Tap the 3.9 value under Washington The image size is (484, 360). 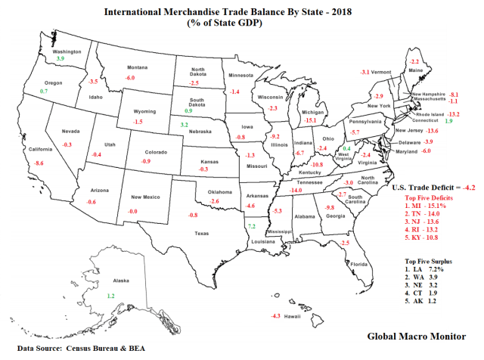(x=61, y=57)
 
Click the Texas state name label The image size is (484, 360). (x=201, y=233)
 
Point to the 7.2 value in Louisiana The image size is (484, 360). (x=252, y=226)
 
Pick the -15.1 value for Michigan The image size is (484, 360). (x=310, y=120)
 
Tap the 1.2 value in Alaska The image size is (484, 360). (x=110, y=296)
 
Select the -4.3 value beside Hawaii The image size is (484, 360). (x=275, y=316)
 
